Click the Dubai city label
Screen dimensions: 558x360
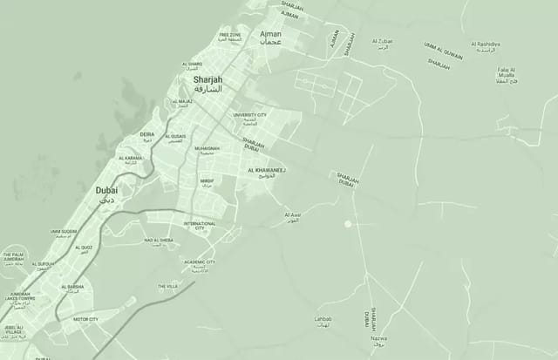(x=106, y=189)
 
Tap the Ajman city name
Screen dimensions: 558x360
(x=271, y=34)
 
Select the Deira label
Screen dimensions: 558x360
(x=146, y=135)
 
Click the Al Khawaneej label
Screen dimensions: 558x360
(x=267, y=171)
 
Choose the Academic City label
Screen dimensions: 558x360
(x=199, y=262)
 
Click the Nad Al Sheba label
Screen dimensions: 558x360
(x=159, y=240)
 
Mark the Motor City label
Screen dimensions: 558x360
(x=85, y=320)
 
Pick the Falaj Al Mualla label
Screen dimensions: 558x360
(x=506, y=71)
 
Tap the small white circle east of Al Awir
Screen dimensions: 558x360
(x=347, y=224)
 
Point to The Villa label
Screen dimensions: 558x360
(x=167, y=286)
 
